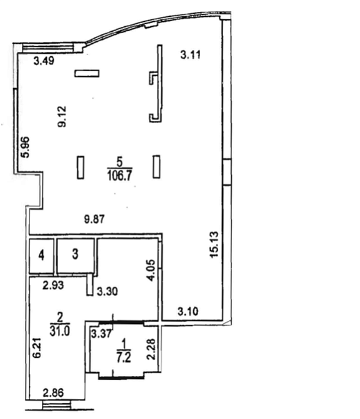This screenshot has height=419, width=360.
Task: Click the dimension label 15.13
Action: [214, 245]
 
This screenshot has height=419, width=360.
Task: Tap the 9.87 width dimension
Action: [94, 220]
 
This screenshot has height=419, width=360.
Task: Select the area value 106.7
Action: [119, 176]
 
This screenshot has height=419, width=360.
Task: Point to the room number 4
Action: [41, 255]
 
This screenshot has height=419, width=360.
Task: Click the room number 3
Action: [75, 254]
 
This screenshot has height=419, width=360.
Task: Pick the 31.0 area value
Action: [60, 331]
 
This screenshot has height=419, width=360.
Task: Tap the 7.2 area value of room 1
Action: [123, 357]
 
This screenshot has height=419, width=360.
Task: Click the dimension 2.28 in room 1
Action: [151, 349]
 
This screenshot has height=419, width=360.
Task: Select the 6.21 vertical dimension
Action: [36, 348]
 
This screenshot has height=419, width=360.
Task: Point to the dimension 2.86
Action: [53, 393]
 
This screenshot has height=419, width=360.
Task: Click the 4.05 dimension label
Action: [151, 270]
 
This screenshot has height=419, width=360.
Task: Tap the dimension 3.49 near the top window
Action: [44, 61]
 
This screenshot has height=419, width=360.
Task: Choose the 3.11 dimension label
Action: [191, 55]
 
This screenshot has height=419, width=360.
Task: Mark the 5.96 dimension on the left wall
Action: [26, 147]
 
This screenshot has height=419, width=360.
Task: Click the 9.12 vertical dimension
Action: [62, 116]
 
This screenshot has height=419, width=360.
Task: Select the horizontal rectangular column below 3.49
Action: [87, 73]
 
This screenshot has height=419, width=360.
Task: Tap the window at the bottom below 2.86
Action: [57, 406]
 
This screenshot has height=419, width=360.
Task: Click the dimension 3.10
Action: [188, 311]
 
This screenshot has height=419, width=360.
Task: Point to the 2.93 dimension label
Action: [53, 285]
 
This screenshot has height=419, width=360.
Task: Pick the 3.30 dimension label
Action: [107, 291]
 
